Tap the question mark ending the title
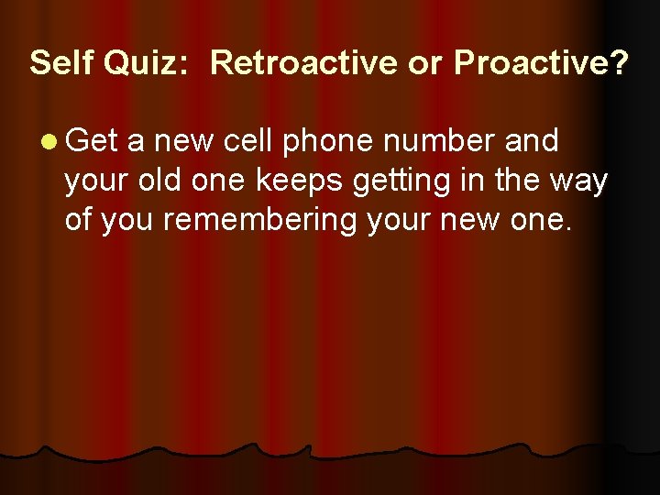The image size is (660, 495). point(620,63)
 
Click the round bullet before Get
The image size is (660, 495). point(48,141)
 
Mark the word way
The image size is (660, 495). point(577,181)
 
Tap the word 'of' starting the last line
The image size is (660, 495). point(79,220)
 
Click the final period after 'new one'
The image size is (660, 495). point(567,229)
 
